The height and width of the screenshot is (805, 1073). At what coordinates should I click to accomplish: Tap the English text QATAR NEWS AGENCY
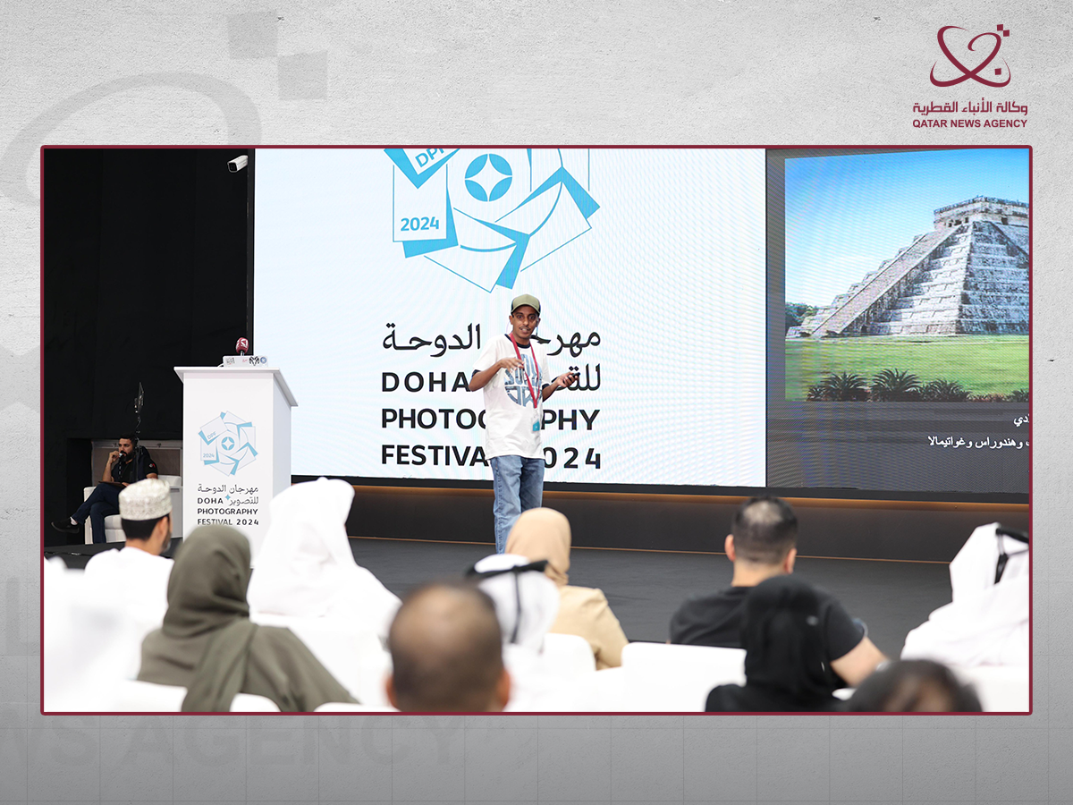coord(969,123)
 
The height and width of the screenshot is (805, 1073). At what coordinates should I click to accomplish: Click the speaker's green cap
coord(525,302)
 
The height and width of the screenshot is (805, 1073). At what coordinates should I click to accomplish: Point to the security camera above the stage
coord(237,164)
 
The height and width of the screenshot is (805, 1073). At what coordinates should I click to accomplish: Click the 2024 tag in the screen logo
coord(419,224)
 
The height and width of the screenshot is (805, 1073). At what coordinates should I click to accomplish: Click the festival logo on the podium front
coord(228,444)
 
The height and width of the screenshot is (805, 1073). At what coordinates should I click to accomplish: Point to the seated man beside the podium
coord(116,483)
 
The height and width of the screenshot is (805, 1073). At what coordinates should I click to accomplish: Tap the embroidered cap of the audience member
coord(145,498)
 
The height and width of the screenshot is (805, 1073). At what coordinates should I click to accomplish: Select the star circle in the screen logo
coord(488,178)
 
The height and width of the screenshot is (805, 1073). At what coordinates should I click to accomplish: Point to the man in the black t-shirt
coord(769,590)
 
